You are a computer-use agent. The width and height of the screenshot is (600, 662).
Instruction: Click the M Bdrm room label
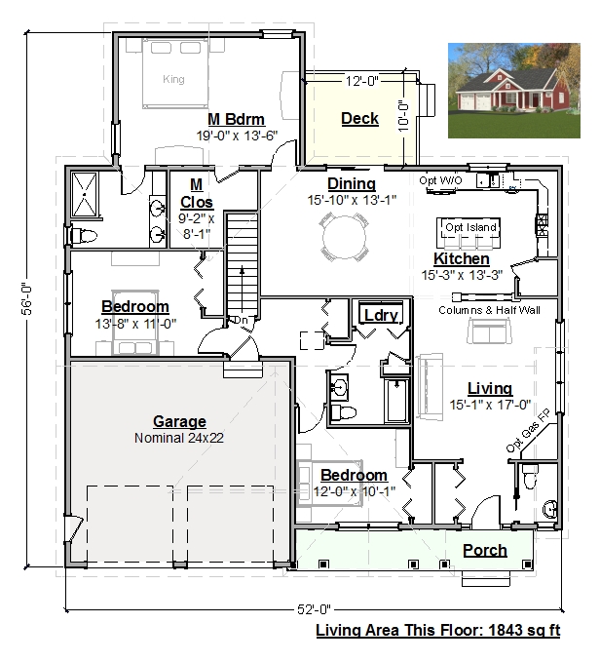pos(236,119)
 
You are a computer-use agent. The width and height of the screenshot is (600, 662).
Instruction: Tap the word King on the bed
pos(173,79)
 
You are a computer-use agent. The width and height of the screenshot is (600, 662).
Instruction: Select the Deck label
pos(359,118)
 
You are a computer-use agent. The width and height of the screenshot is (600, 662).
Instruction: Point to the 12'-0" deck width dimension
pos(362,81)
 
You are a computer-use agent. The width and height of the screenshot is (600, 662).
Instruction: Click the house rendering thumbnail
pos(514,91)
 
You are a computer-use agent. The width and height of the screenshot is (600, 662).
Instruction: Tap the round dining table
pos(344,237)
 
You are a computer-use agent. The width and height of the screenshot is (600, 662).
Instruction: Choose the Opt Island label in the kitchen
pos(470,227)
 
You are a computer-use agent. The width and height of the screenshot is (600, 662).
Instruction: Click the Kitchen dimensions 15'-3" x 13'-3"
pos(462,275)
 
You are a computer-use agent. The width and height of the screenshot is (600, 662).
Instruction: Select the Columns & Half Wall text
pos(489,310)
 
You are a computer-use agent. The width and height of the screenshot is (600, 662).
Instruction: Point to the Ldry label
pos(381,315)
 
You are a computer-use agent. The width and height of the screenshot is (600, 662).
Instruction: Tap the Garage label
pos(179,421)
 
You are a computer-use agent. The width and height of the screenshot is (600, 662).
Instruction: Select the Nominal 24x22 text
pos(179,438)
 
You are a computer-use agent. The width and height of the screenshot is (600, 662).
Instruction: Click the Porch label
pos(485,550)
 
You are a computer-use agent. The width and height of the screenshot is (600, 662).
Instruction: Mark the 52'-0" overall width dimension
pos(315,609)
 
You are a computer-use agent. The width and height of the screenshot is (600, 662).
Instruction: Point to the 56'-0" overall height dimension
pos(27,298)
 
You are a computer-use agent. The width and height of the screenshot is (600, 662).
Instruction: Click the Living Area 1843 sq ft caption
pos(438,630)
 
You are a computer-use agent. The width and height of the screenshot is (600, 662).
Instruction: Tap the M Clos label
pos(197,193)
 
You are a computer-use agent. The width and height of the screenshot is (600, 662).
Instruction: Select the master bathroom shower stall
pos(85,195)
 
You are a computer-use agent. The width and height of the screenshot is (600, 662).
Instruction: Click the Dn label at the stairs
pos(241,320)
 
